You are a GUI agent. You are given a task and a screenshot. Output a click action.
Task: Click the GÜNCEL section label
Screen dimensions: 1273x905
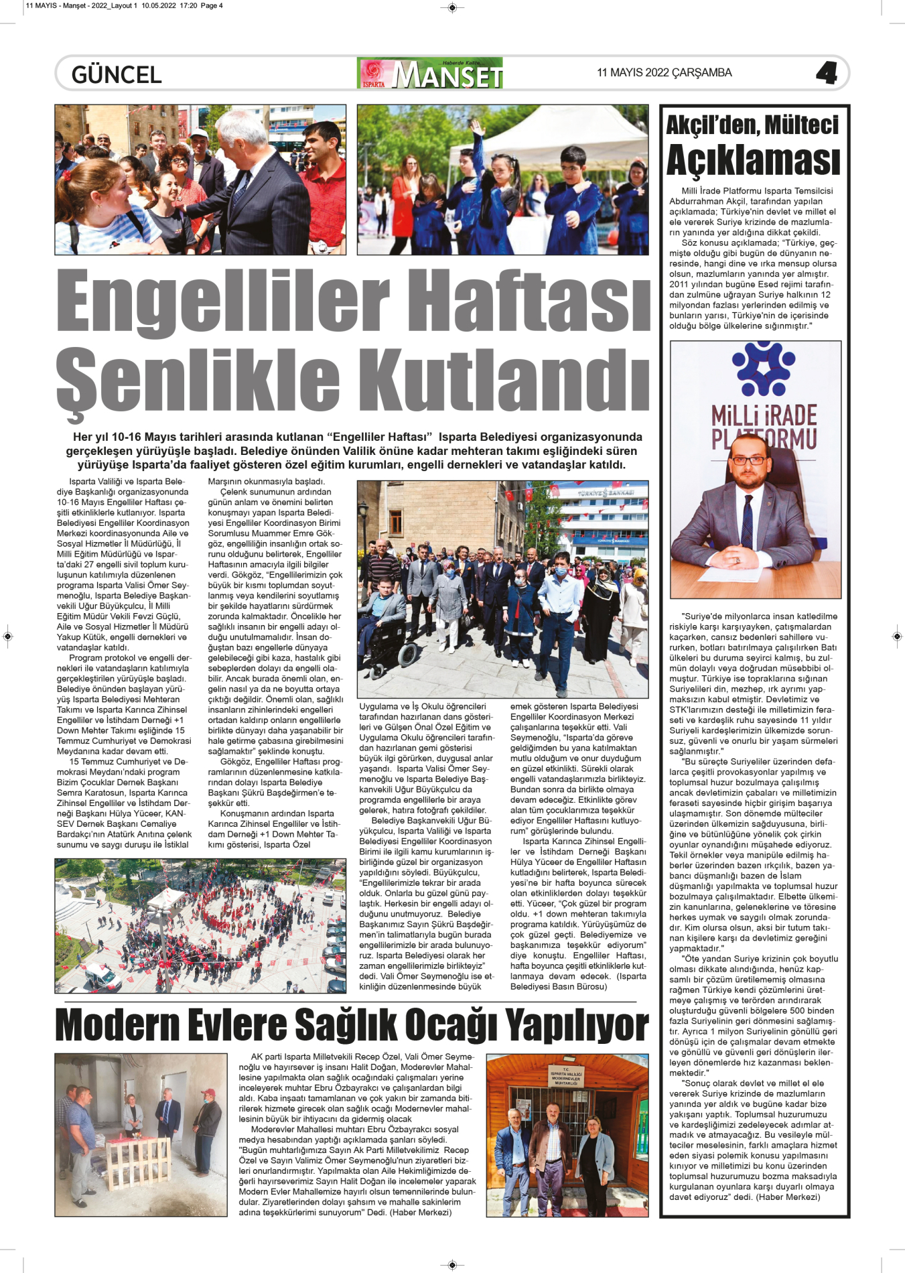coord(117,74)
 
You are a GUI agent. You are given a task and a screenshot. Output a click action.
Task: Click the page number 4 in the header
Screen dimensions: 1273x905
coord(826,73)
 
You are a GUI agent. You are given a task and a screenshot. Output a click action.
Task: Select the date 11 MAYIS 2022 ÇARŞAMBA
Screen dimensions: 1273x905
coord(664,73)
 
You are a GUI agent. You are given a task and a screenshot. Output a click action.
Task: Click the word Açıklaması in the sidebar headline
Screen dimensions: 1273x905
coord(753,161)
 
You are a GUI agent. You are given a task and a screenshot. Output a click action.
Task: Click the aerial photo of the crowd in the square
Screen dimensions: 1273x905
coord(200,925)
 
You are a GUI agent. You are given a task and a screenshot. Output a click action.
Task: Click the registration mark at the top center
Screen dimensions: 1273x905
coord(452,8)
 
